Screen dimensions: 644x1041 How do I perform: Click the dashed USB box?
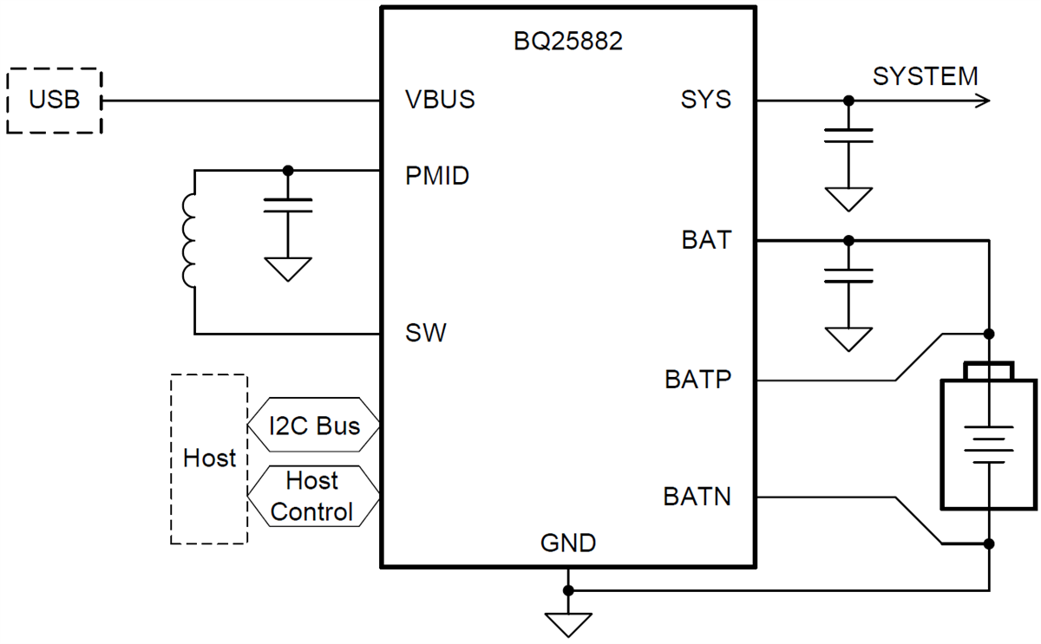(54, 101)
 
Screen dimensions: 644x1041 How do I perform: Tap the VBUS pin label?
(440, 100)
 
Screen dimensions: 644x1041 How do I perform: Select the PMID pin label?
(437, 176)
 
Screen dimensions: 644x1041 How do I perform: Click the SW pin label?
(425, 333)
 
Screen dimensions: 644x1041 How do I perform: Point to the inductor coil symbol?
(189, 241)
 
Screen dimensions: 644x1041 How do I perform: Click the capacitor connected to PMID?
(288, 205)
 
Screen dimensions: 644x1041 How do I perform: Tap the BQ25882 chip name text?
(568, 42)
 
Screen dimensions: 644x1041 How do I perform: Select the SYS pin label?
(706, 100)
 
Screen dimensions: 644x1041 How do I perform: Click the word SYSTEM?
(925, 76)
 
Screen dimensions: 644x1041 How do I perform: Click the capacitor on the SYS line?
(848, 134)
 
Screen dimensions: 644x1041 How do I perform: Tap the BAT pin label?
(706, 240)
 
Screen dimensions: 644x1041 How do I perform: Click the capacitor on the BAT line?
(848, 275)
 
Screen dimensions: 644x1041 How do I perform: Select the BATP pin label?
(698, 380)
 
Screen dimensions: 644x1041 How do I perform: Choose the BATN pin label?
(697, 498)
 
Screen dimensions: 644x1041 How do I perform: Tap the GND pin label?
(568, 543)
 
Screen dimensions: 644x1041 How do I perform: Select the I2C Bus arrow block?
(314, 426)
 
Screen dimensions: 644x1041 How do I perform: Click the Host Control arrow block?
(312, 496)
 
